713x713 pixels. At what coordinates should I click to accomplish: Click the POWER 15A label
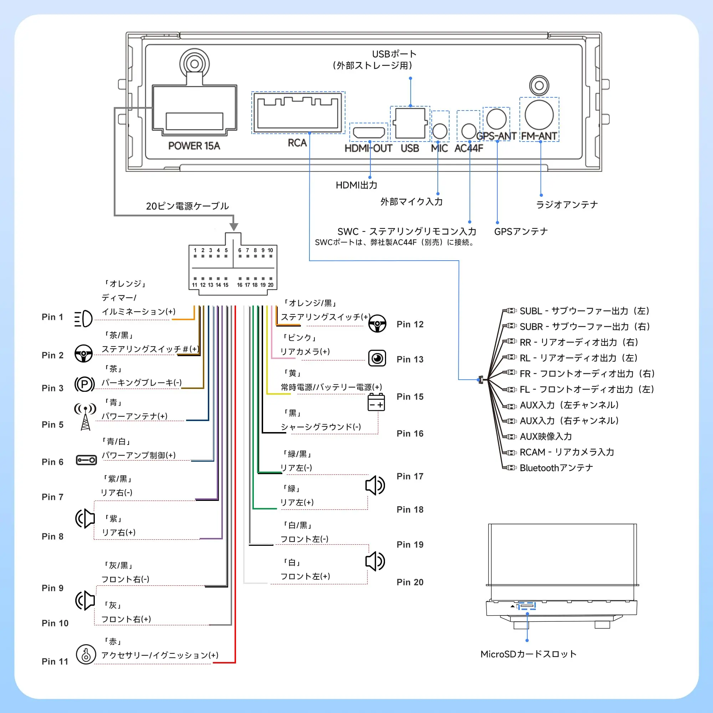pos(194,146)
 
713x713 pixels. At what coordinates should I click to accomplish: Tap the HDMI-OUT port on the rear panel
pos(369,132)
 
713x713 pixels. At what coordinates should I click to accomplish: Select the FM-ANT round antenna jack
pos(539,115)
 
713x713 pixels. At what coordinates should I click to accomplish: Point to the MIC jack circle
pos(440,130)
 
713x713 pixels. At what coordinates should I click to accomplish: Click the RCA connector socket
pos(298,112)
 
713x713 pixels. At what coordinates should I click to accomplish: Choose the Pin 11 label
pos(55,661)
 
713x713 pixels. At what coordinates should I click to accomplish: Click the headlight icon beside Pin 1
pos(83,318)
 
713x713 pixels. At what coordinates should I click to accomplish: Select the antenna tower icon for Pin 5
pos(85,417)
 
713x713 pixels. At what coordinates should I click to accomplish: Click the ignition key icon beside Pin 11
pos(86,654)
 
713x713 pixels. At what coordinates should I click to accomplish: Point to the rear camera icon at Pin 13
pos(377,358)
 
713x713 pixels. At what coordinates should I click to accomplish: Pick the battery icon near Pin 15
pos(376,402)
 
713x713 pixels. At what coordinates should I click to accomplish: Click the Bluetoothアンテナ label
pos(556,468)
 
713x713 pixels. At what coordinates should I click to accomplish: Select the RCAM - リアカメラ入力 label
pos(567,452)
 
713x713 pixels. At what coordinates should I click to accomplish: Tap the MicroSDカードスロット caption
pos(528,654)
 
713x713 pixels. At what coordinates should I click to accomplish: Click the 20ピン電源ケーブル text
pos(188,206)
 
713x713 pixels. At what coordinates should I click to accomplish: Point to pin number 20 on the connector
pos(271,285)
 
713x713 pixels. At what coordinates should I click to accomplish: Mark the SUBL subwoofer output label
pos(584,311)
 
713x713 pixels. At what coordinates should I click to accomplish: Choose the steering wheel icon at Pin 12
pos(377,324)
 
